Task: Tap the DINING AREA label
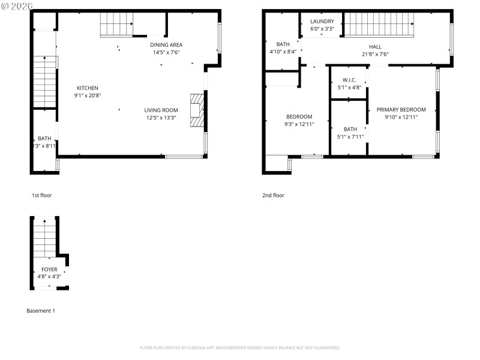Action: [166, 44]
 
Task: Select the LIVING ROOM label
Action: [161, 110]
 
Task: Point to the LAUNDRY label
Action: [322, 22]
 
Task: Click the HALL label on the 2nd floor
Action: [375, 47]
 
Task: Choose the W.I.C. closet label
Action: [349, 80]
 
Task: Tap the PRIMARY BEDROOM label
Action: [401, 110]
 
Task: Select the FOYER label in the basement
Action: [49, 269]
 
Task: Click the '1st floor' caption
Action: [42, 195]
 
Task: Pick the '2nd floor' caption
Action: [273, 195]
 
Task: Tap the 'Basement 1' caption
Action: [41, 311]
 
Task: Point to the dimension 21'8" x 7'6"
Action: [375, 54]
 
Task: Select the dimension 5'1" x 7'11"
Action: [350, 136]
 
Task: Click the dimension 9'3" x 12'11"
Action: [299, 124]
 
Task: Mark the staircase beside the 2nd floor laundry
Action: [378, 25]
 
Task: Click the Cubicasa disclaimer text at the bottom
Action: [240, 347]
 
